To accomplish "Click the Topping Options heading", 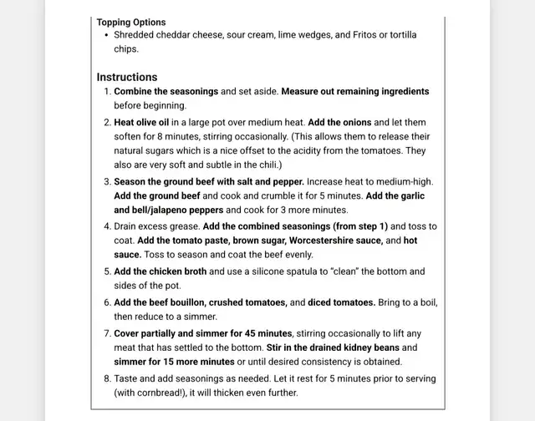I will (131, 22).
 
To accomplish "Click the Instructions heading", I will (127, 77).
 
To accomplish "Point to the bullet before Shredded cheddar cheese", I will (105, 35).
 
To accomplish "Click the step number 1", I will (106, 91).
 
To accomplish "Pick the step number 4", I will (106, 226).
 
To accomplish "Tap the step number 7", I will (106, 333).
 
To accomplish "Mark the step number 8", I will (106, 378).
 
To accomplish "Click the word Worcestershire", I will (325, 241).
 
